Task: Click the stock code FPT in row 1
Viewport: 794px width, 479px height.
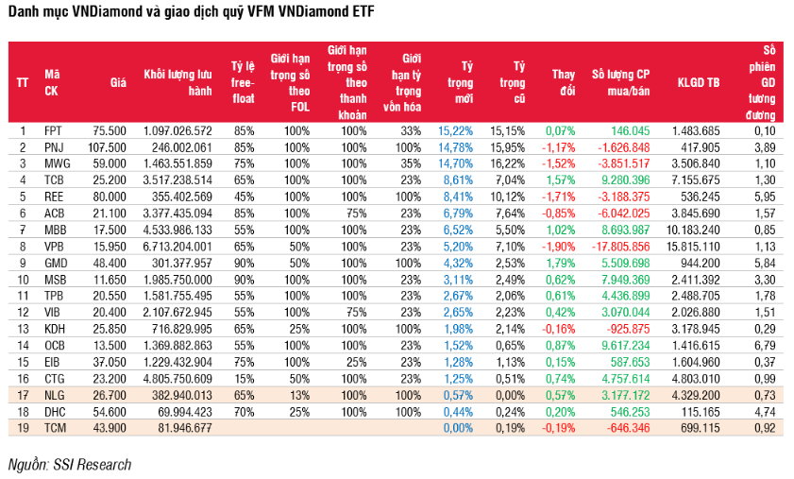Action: pos(53,129)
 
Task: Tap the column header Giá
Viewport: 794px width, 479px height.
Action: pos(118,82)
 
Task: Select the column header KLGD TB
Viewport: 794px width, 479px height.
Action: pos(698,82)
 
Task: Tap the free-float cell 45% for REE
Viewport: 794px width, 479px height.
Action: pos(245,196)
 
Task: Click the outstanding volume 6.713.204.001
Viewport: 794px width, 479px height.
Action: pos(177,246)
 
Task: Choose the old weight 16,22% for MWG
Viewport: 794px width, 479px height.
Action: pos(507,163)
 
